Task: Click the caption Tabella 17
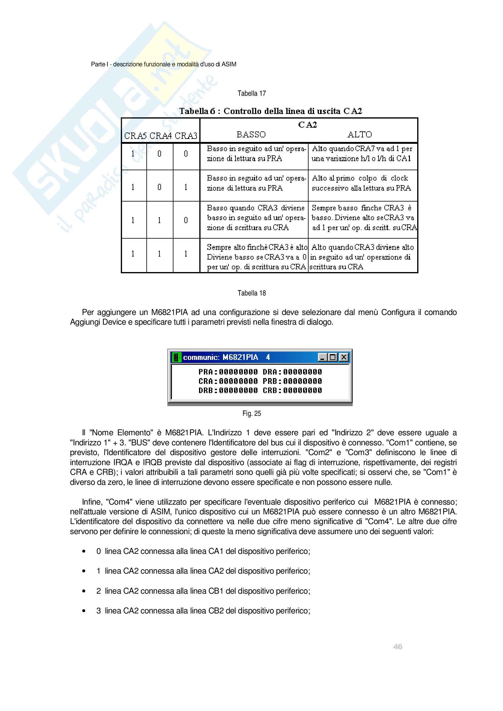coord(251,94)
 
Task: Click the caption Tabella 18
coord(251,293)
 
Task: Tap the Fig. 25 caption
coord(251,414)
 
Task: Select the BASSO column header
coord(251,135)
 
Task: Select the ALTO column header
coord(359,135)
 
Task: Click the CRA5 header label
coord(135,136)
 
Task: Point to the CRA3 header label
coord(186,136)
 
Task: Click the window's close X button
coord(344,357)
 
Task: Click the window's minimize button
coord(323,357)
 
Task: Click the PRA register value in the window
coord(238,372)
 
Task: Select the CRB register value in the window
coord(302,391)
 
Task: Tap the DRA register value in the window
coord(302,372)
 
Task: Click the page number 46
coord(398,647)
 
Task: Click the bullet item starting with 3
coord(203,611)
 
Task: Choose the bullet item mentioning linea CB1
coord(203,591)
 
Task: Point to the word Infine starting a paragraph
coord(92,502)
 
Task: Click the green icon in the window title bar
coord(176,357)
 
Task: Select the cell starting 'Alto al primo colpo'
coord(361,183)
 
